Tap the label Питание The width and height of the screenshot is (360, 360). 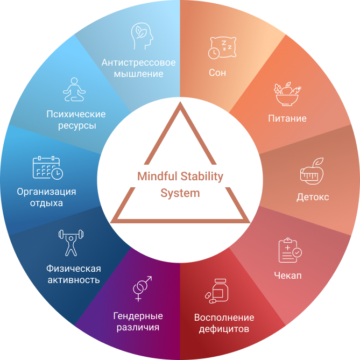click(287, 118)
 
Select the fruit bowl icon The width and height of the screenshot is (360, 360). click(285, 96)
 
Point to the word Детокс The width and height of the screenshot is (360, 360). click(313, 197)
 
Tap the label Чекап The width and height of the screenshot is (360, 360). click(288, 276)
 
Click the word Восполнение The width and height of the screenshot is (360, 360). click(224, 317)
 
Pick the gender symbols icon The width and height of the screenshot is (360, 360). click(142, 289)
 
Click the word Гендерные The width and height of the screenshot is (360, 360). click(138, 315)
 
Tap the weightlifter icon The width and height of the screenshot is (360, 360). click(70, 243)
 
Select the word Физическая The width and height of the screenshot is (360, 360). click(73, 269)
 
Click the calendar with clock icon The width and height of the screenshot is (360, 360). click(47, 167)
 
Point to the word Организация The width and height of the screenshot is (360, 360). click(46, 192)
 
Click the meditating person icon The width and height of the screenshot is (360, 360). click(74, 90)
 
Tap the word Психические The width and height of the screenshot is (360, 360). click(75, 114)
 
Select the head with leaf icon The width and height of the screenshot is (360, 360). click(140, 36)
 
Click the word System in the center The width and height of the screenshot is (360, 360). click(180, 193)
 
